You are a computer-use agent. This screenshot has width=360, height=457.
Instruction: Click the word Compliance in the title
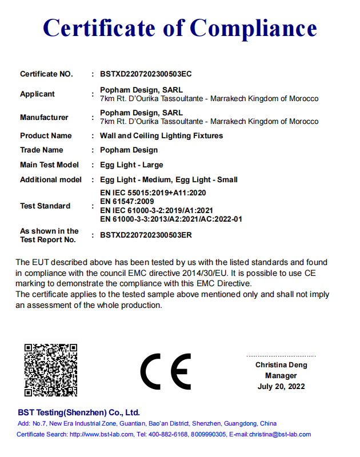pos(253,29)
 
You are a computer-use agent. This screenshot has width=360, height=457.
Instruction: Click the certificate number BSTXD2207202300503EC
pos(146,74)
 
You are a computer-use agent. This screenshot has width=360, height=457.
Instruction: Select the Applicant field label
pos(38,94)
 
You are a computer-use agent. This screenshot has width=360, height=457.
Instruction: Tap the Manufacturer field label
pos(44,118)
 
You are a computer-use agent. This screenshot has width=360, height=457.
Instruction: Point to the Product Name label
pos(46,136)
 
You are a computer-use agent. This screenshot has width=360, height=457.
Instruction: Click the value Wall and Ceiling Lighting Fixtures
pos(161,136)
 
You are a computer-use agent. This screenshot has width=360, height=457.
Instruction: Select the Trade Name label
pos(41,150)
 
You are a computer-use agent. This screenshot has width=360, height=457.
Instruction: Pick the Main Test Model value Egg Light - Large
pos(131,165)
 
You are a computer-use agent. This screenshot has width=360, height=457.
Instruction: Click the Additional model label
pos(51,180)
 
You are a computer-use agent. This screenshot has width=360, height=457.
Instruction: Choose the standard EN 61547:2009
pos(127,202)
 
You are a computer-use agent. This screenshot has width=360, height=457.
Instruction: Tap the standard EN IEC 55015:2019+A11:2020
pos(153,193)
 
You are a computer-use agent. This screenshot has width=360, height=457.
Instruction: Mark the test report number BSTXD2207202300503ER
pos(146,235)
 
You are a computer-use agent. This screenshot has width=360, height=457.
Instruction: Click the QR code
pos(50,370)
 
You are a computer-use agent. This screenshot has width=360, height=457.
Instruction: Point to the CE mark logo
pos(166,372)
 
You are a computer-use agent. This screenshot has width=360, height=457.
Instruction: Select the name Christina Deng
pos(281,365)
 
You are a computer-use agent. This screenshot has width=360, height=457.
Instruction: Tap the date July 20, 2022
pos(281,387)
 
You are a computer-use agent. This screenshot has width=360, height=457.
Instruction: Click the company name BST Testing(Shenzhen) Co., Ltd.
pos(79,412)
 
